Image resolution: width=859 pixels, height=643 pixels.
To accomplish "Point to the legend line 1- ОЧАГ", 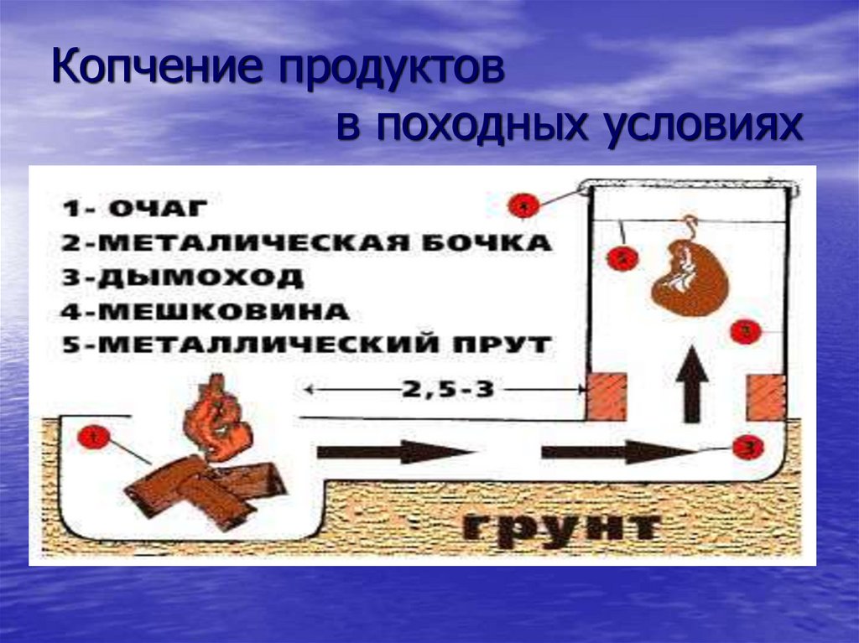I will click(133, 209).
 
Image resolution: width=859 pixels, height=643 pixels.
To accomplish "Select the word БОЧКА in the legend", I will click(492, 243).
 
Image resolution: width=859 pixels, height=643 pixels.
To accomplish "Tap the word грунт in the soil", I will click(559, 526).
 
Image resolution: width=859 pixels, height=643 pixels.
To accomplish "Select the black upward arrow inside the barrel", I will click(693, 382).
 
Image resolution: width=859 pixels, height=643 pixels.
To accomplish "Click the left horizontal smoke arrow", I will click(394, 452).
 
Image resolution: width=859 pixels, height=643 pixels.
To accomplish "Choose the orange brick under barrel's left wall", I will click(607, 397).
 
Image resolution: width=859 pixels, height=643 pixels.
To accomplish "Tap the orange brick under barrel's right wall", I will click(765, 397).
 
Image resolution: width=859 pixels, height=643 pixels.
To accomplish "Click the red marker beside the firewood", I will click(93, 438).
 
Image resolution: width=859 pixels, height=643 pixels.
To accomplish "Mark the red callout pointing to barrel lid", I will click(523, 205).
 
